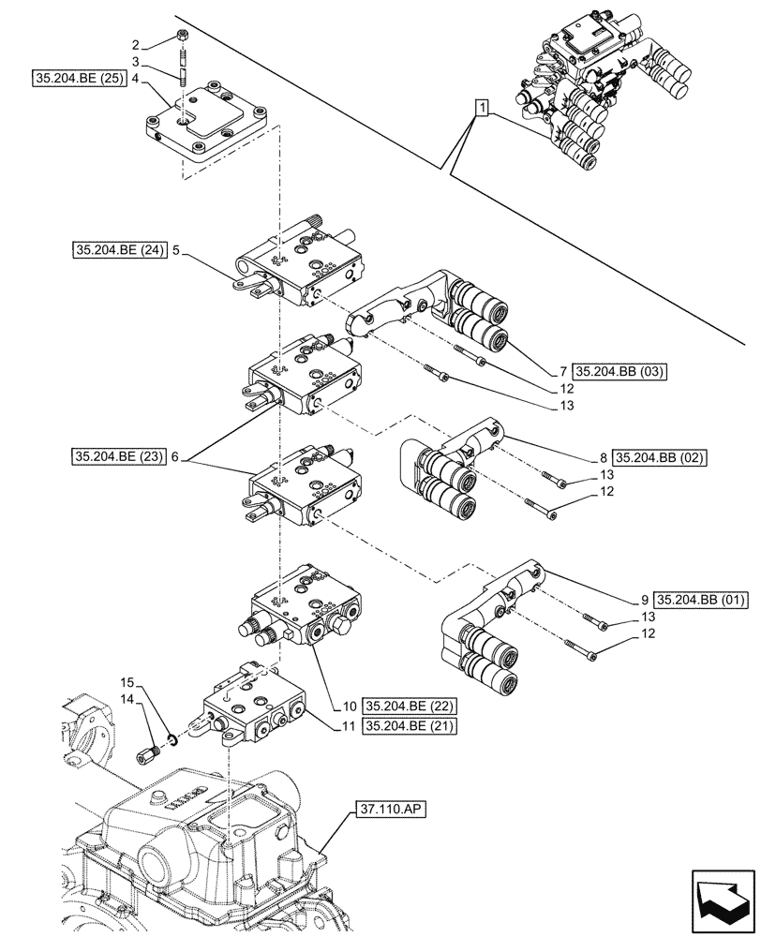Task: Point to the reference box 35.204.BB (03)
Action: tap(619, 371)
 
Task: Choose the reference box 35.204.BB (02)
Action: tap(659, 458)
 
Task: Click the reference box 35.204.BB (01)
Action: tap(699, 600)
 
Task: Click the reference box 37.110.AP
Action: tap(391, 807)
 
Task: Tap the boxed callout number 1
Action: tap(481, 110)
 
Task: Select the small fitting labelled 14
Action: tap(148, 752)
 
